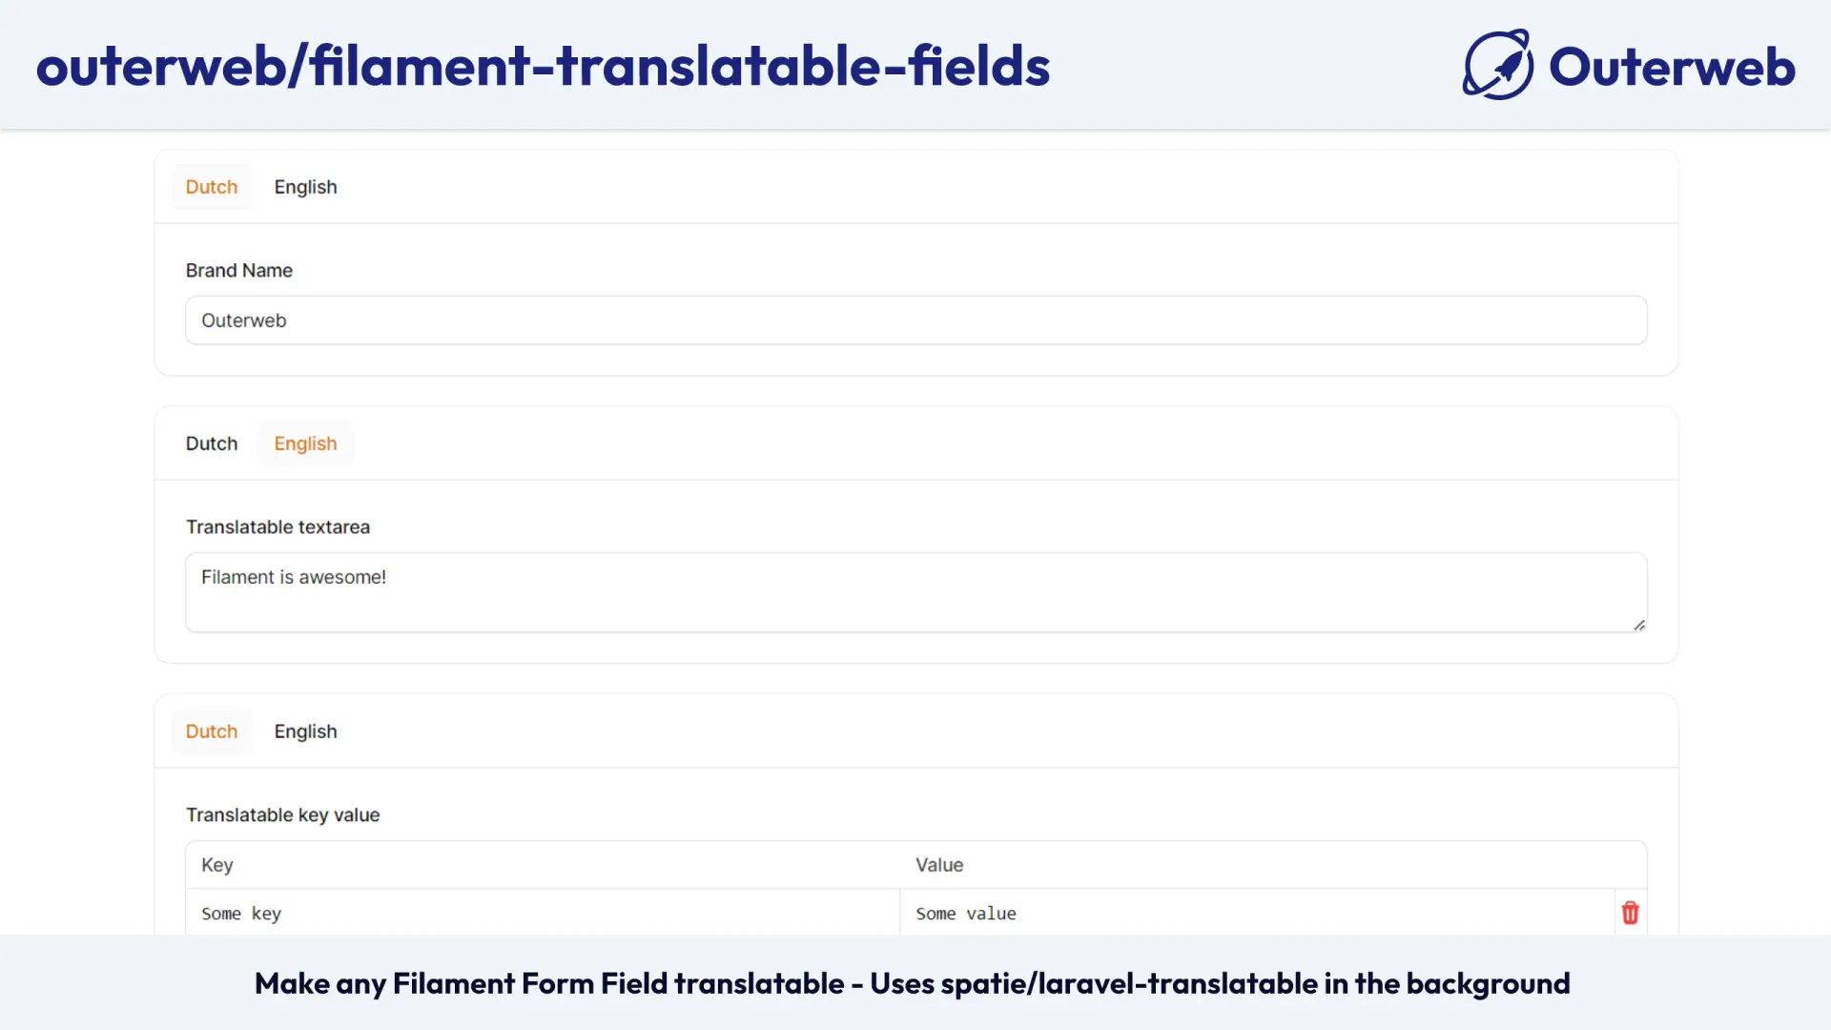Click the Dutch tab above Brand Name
[211, 187]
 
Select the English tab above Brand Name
[305, 187]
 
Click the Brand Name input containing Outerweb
[915, 320]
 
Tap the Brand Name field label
[238, 271]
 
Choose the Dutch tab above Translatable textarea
[211, 443]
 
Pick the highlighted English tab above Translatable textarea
[305, 443]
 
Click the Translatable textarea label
[278, 527]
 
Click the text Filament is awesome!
[294, 577]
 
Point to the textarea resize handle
[1638, 626]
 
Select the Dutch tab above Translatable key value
[211, 731]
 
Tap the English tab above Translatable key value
[305, 731]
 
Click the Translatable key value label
[282, 815]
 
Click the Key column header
[217, 865]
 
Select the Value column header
[939, 865]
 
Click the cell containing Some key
[542, 914]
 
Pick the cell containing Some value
[1255, 914]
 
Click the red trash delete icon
[1630, 914]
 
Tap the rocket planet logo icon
[1498, 66]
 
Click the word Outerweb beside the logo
[1672, 67]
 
